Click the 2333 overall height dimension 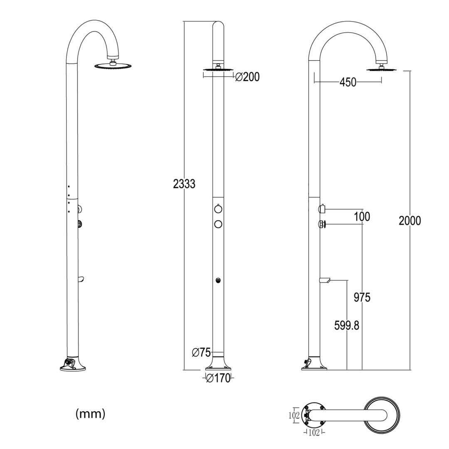(184, 183)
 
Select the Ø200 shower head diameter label (247, 77)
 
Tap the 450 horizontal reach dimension (348, 82)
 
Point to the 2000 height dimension (410, 220)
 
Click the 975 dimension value (362, 297)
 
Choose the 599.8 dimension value (346, 326)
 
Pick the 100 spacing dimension (362, 217)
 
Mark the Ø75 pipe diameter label (201, 353)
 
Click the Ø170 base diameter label (218, 378)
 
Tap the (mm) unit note (90, 414)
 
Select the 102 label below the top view (314, 433)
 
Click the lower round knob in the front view (218, 224)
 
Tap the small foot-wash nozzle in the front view (218, 280)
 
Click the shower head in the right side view (382, 69)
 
